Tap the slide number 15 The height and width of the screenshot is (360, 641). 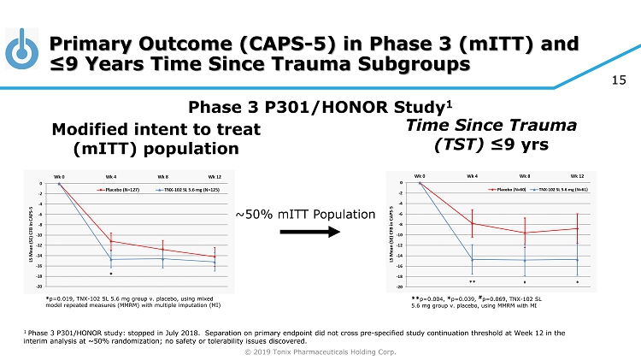click(x=620, y=80)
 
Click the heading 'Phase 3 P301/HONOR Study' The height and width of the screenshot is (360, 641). click(x=318, y=108)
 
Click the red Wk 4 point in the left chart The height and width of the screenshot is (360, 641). click(x=111, y=241)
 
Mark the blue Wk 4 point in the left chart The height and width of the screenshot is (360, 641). click(x=111, y=259)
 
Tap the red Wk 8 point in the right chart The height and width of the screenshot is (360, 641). click(x=525, y=233)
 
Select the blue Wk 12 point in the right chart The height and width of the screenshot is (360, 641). click(x=577, y=260)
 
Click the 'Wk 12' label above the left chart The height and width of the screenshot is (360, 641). click(x=214, y=176)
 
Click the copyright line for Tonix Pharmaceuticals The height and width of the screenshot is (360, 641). click(x=320, y=351)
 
